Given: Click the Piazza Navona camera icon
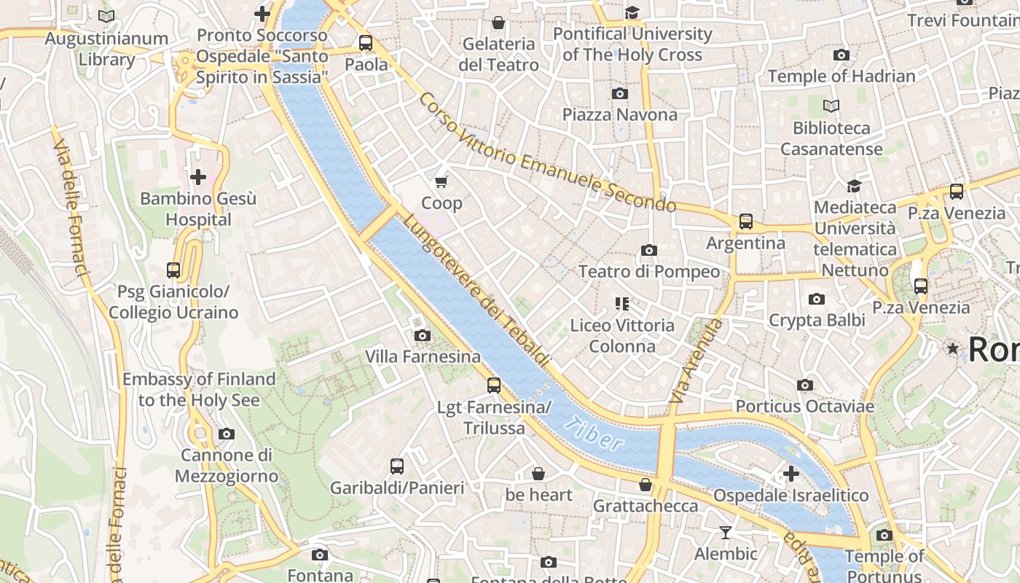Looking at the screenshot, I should click(x=620, y=93).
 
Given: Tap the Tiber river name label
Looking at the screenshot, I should click(x=595, y=434).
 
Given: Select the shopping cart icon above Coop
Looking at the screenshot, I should click(x=441, y=181).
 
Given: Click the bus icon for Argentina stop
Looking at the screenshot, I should click(x=745, y=221).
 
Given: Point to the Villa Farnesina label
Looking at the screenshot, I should click(x=423, y=356).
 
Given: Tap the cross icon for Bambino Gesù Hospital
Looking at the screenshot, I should click(x=197, y=177).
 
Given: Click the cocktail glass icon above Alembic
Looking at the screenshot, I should click(x=725, y=533).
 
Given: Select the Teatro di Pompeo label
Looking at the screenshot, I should click(x=648, y=272).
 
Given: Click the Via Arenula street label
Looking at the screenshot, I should click(x=696, y=361).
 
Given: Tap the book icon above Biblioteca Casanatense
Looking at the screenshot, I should click(x=831, y=106).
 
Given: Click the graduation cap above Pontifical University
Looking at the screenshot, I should click(x=632, y=12).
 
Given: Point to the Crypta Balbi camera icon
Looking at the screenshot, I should click(x=817, y=299).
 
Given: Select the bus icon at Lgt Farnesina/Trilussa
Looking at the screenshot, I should click(x=494, y=386).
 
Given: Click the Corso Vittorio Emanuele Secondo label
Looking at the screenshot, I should click(x=546, y=153).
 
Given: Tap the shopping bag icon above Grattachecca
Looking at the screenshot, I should click(x=645, y=485).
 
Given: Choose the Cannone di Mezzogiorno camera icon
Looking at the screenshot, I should click(x=227, y=434).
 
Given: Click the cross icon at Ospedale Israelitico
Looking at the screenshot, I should click(x=790, y=474).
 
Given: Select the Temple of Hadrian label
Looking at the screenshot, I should click(x=841, y=76).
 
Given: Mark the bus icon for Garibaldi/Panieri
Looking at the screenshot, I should click(x=396, y=466).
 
